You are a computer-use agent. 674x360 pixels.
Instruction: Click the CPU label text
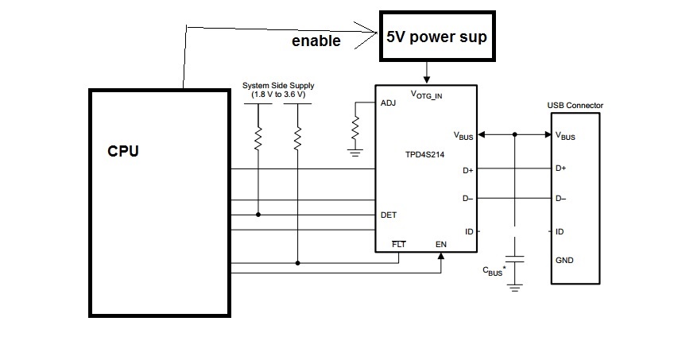tap(123, 151)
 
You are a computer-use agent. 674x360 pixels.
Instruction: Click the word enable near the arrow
tap(316, 41)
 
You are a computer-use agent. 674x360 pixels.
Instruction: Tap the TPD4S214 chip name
tap(424, 155)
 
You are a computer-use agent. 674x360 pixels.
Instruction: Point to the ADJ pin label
tap(388, 103)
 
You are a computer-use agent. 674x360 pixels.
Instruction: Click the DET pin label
tap(389, 215)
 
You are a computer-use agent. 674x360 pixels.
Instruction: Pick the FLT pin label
tap(398, 245)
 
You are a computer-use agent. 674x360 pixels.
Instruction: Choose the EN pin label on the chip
tap(441, 245)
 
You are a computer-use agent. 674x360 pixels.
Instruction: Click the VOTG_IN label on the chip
tap(426, 95)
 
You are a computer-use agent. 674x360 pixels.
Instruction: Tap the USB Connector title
tap(575, 105)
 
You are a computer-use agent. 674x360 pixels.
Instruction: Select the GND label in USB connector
tap(564, 261)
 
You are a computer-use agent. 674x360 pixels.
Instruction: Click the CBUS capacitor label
tap(494, 271)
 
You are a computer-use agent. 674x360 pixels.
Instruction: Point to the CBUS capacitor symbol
tap(514, 259)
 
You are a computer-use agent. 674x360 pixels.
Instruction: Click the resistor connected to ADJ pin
tap(355, 128)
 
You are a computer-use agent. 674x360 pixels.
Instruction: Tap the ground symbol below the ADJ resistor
tap(355, 153)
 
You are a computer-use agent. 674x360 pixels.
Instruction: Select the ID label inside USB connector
tap(560, 232)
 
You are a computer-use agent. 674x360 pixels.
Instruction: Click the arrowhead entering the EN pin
tap(440, 256)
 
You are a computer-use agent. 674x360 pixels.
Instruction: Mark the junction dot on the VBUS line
tap(514, 134)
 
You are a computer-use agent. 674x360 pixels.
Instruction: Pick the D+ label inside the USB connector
tap(560, 168)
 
